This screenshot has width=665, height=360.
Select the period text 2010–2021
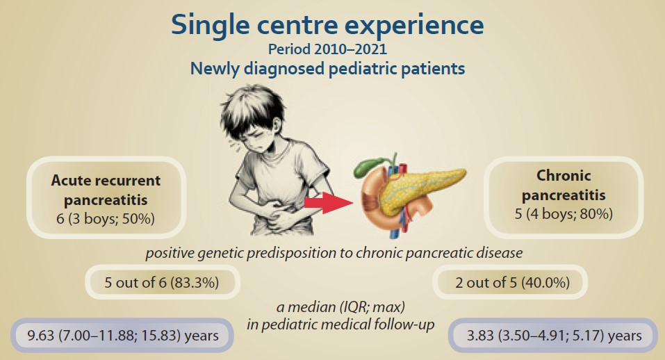(350, 49)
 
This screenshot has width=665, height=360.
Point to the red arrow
(329, 203)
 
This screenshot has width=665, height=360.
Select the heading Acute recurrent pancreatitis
(106, 190)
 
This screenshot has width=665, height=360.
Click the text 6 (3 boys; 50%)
(106, 219)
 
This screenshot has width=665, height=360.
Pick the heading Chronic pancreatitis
(564, 186)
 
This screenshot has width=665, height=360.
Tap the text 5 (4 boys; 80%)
(564, 214)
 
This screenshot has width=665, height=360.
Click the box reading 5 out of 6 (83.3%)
(163, 282)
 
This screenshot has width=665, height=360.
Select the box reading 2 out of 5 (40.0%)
(510, 282)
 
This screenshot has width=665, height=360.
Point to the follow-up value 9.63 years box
(122, 336)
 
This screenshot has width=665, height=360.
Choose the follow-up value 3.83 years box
(553, 336)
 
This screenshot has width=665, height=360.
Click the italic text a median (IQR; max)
(340, 306)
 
